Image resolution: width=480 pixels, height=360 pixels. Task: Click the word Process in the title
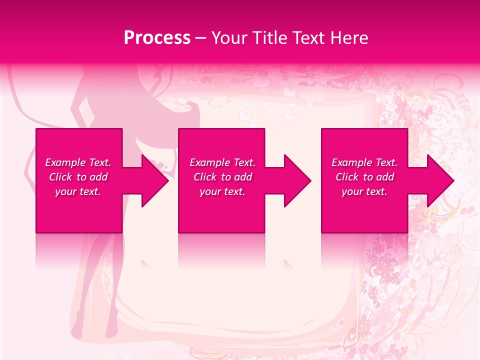(x=157, y=38)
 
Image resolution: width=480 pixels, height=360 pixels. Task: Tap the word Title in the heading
(x=271, y=38)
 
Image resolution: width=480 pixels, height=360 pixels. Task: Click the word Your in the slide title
(x=230, y=38)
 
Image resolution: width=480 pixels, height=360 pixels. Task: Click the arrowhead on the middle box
(x=296, y=181)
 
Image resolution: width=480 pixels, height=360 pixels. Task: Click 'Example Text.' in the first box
(x=78, y=162)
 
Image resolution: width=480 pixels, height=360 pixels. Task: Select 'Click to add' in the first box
(x=78, y=177)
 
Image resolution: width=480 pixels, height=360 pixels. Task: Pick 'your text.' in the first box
(x=78, y=191)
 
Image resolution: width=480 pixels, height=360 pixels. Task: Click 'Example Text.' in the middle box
(x=222, y=162)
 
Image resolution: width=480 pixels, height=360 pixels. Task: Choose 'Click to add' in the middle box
(x=223, y=177)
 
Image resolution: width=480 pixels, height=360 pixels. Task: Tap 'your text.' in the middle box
(x=222, y=191)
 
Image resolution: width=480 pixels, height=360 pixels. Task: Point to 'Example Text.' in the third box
(x=364, y=162)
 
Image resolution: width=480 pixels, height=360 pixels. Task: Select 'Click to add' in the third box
(x=365, y=177)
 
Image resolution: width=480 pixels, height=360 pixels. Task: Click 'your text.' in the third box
(x=364, y=191)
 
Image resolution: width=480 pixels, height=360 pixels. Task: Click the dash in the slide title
(x=200, y=38)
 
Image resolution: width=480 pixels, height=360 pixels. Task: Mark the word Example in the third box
(x=351, y=162)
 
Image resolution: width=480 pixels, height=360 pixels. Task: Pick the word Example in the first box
(x=65, y=162)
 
